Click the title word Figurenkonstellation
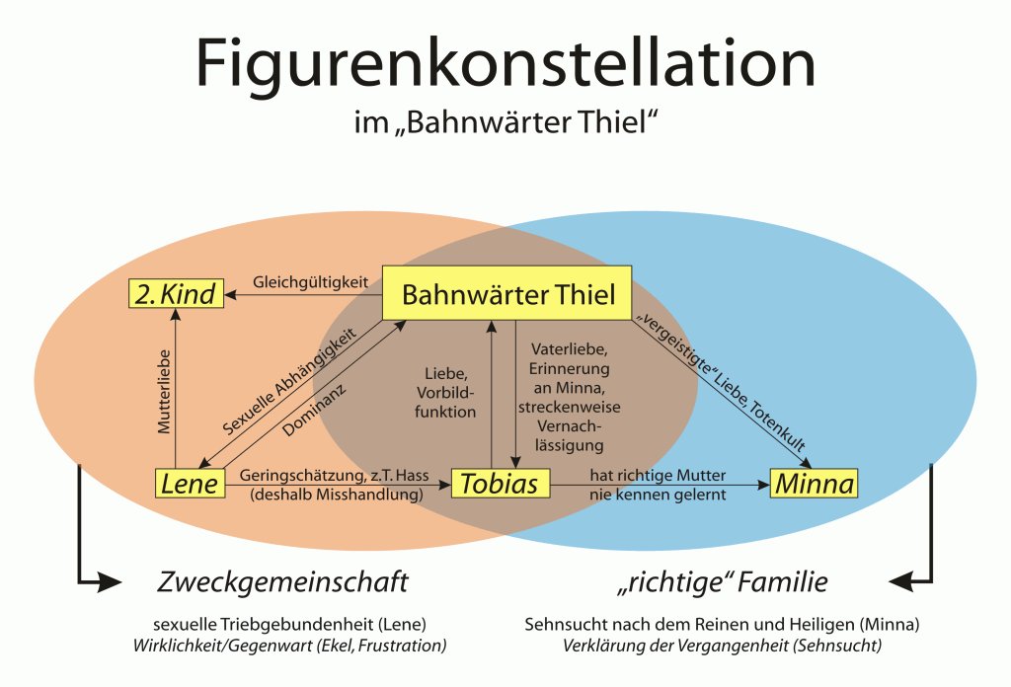[x=505, y=64]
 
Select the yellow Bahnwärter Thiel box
[x=506, y=293]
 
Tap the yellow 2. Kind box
[x=176, y=293]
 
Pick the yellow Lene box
[x=191, y=484]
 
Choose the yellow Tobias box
[x=501, y=484]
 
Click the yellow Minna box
[x=815, y=484]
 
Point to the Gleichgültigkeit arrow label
[x=310, y=282]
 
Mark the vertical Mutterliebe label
[x=165, y=391]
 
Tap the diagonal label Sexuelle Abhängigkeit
[x=289, y=382]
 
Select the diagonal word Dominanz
[x=314, y=411]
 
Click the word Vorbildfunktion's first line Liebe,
[x=445, y=374]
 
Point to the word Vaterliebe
[x=569, y=349]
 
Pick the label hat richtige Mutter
[x=658, y=476]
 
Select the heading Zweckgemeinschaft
[x=282, y=582]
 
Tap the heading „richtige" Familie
[x=722, y=582]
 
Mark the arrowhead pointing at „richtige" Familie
[x=901, y=582]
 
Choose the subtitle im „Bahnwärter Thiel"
[x=505, y=121]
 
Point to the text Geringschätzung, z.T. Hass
[x=334, y=476]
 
